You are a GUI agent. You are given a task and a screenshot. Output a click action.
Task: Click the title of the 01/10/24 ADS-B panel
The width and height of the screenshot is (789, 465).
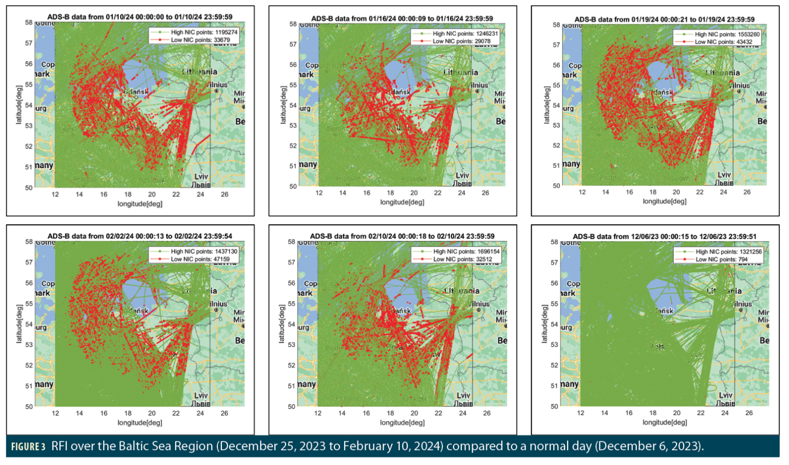click(140, 17)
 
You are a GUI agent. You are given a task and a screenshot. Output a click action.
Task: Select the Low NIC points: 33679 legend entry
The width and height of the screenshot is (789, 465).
click(200, 40)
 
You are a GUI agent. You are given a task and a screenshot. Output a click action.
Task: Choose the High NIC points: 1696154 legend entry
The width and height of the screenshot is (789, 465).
click(466, 251)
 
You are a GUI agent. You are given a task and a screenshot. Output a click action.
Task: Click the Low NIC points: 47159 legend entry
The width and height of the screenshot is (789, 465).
click(200, 259)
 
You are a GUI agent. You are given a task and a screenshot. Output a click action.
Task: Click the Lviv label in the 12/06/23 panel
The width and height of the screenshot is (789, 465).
click(725, 395)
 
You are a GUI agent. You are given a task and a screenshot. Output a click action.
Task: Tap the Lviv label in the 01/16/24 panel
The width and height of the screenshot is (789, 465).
click(462, 176)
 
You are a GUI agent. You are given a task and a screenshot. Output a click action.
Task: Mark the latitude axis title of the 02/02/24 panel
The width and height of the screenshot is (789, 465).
click(19, 324)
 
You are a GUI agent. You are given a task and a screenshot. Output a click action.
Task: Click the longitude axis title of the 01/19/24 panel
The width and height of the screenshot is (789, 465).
click(664, 201)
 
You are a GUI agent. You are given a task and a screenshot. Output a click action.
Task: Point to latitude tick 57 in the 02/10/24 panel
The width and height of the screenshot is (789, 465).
click(292, 262)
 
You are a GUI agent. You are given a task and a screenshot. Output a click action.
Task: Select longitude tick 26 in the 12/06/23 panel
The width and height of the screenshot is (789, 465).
click(749, 413)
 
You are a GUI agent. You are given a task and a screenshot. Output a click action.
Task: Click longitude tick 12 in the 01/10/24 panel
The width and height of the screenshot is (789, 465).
click(55, 195)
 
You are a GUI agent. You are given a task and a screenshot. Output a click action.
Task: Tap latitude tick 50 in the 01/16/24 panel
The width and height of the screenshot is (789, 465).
click(293, 186)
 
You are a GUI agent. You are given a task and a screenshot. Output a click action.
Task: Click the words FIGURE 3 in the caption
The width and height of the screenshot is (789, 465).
click(28, 447)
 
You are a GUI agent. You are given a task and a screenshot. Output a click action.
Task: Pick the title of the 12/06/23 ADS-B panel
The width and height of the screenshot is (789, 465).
click(664, 237)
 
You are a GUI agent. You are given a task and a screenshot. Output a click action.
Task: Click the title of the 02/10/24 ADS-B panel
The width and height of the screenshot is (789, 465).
click(402, 236)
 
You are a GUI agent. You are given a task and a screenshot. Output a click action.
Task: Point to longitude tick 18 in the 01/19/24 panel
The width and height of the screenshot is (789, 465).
click(652, 192)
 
